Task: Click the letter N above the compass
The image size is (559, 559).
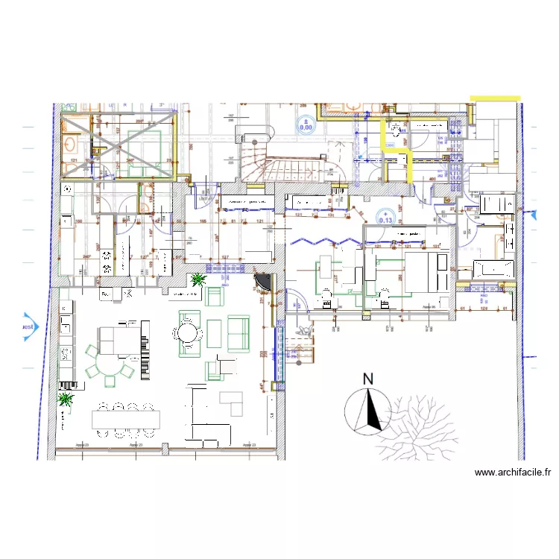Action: pyautogui.click(x=367, y=379)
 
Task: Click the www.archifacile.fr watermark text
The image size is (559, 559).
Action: pyautogui.click(x=512, y=473)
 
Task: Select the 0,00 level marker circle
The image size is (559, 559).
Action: pyautogui.click(x=306, y=124)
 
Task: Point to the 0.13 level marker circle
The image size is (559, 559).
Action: pyautogui.click(x=385, y=217)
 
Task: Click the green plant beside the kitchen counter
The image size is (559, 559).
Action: pyautogui.click(x=66, y=400)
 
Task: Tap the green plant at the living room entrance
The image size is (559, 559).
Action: pyautogui.click(x=198, y=279)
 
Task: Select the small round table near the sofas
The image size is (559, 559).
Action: pyautogui.click(x=189, y=332)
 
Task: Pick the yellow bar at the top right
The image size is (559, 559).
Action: pyautogui.click(x=495, y=98)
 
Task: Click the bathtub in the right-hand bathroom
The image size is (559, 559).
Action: pyautogui.click(x=492, y=268)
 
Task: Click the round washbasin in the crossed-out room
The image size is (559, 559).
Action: pyautogui.click(x=72, y=144)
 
